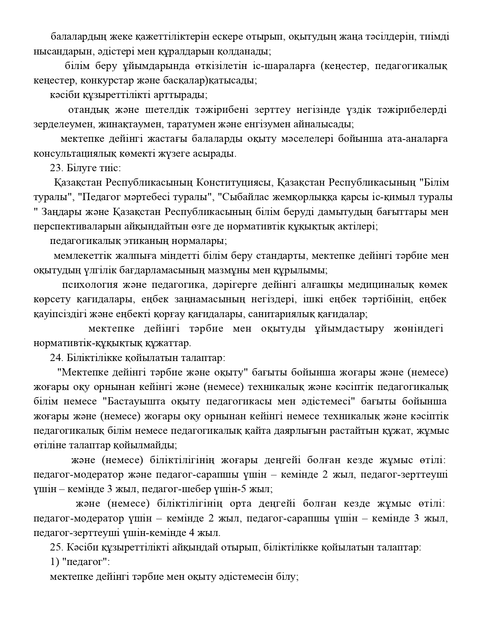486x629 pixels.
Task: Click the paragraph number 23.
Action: pos(56,168)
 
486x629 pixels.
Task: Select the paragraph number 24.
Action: pos(56,358)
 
